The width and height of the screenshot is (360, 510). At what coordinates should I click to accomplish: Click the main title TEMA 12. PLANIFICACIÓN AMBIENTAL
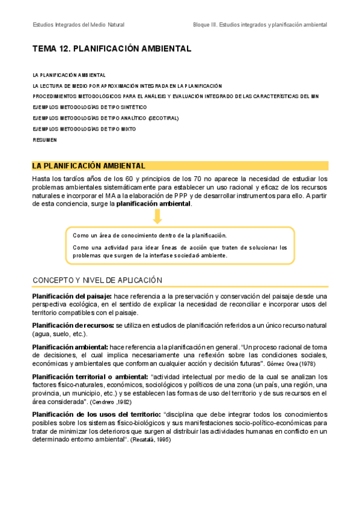pyautogui.click(x=111, y=49)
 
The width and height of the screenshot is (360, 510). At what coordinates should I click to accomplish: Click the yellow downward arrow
pyautogui.click(x=157, y=217)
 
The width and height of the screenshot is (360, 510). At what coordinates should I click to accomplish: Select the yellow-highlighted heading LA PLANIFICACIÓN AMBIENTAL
pyautogui.click(x=88, y=165)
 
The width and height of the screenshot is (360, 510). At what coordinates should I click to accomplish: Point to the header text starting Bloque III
pyautogui.click(x=260, y=25)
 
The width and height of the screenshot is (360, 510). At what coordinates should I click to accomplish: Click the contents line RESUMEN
pyautogui.click(x=45, y=140)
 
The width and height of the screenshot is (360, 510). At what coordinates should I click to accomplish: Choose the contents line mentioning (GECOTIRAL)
pyautogui.click(x=105, y=118)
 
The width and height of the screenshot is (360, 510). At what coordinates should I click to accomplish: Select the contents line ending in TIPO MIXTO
pyautogui.click(x=84, y=129)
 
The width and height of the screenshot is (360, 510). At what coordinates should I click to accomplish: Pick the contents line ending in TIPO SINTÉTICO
pyautogui.click(x=89, y=108)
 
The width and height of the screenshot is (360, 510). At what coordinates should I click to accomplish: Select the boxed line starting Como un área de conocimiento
pyautogui.click(x=150, y=235)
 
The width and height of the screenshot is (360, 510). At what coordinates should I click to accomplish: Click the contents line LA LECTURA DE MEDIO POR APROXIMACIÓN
pyautogui.click(x=127, y=86)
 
